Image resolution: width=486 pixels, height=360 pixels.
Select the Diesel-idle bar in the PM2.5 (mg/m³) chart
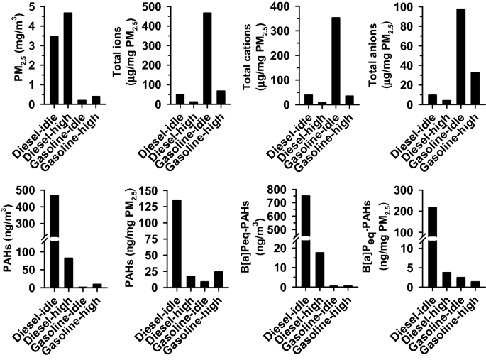[54, 70]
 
